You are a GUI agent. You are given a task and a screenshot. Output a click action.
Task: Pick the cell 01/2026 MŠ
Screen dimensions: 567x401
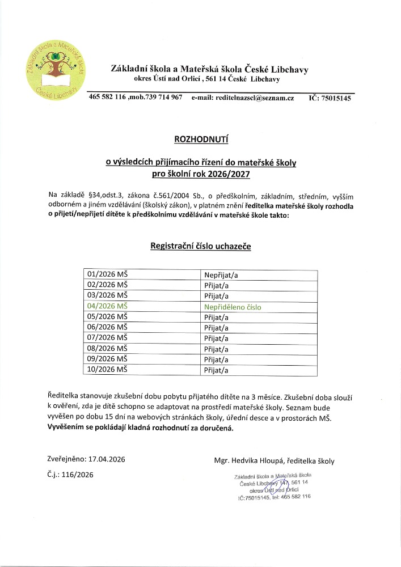(x=108, y=275)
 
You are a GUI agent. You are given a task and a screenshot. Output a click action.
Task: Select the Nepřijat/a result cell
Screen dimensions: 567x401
(x=221, y=275)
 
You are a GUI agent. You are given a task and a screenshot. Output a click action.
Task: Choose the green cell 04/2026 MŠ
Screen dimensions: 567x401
(x=108, y=307)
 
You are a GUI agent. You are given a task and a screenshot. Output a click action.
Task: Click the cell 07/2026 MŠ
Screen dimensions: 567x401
(x=108, y=338)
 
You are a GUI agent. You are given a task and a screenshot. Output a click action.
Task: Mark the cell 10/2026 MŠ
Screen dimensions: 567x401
(x=108, y=370)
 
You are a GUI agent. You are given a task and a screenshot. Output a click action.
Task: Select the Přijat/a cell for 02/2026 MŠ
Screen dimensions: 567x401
(x=216, y=286)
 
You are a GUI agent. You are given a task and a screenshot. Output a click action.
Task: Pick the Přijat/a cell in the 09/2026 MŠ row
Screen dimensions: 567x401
(x=216, y=360)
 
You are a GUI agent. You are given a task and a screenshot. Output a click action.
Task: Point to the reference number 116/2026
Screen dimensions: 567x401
(x=79, y=475)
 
